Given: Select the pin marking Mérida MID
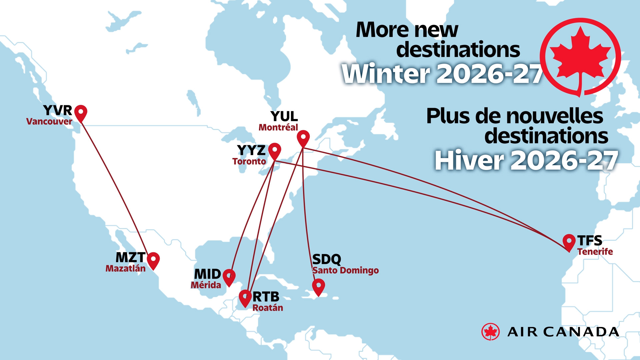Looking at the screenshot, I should point(229,276).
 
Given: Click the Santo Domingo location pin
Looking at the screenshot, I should point(318,286).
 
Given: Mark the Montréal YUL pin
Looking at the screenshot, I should point(303,138).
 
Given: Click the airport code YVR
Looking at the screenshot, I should point(58,110).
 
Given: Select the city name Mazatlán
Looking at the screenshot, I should point(126,269).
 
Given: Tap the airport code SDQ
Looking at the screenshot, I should point(327,259).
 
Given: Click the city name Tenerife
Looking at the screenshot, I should point(595,252).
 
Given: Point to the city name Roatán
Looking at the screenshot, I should point(268,308).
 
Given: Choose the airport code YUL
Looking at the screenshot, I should point(284,116).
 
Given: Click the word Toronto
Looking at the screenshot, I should point(249,161).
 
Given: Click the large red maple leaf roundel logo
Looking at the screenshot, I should point(580,57).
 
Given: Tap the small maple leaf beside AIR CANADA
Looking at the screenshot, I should point(490,332).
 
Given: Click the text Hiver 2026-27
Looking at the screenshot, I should point(526,161).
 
